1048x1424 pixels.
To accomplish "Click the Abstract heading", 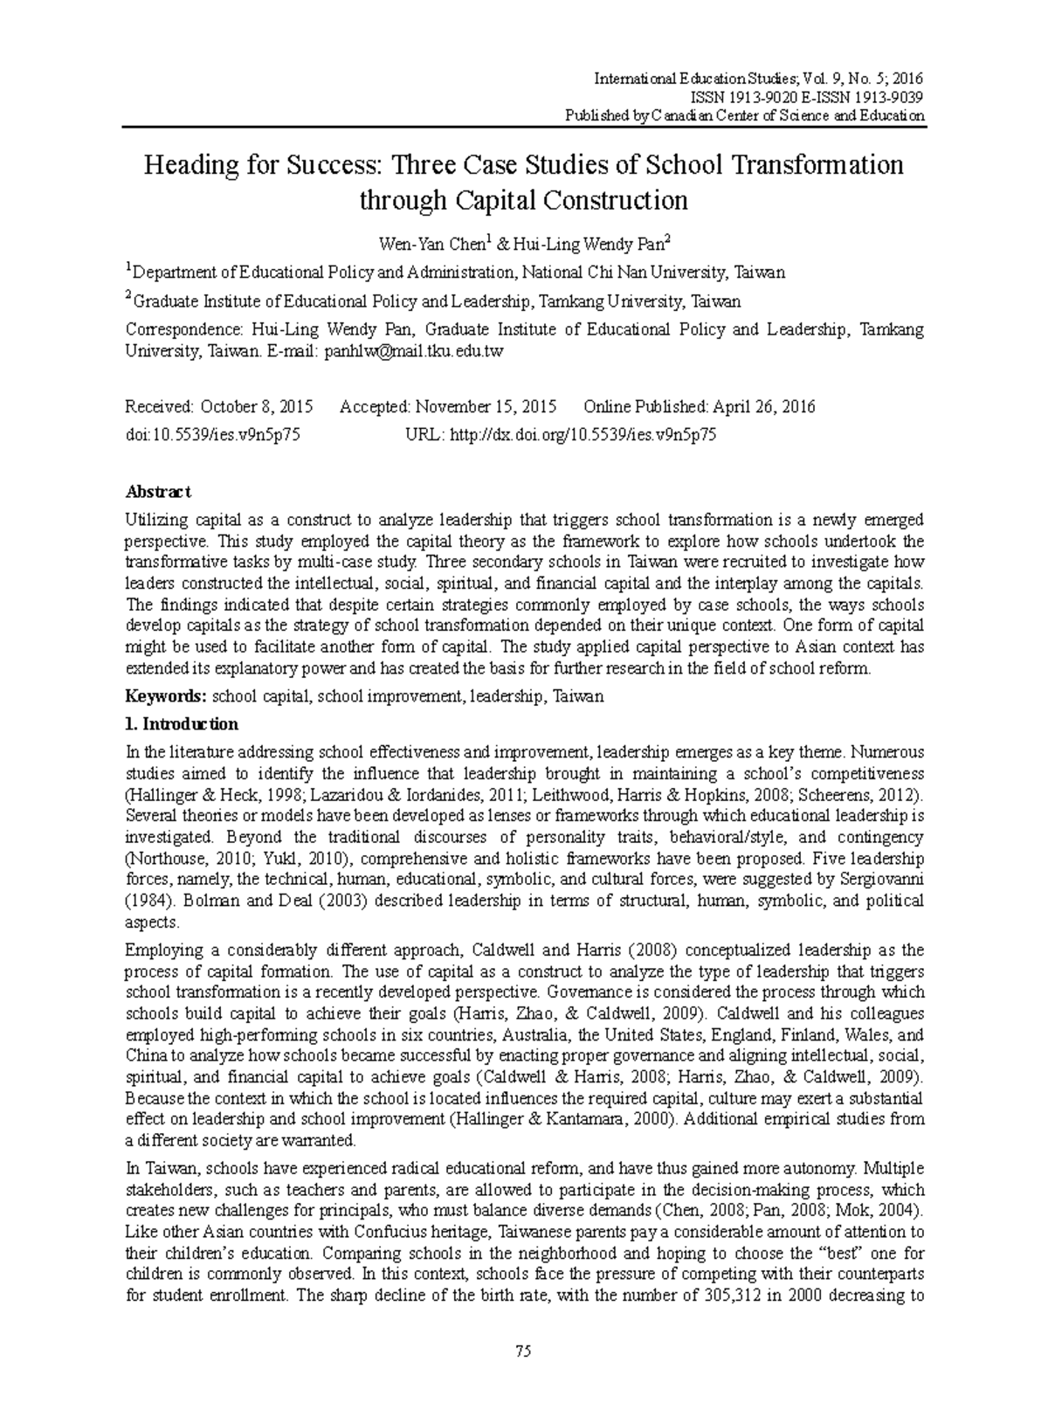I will click(x=158, y=492).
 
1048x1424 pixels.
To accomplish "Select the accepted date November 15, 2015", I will click(x=486, y=407).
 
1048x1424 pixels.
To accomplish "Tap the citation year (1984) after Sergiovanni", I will click(x=145, y=900).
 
